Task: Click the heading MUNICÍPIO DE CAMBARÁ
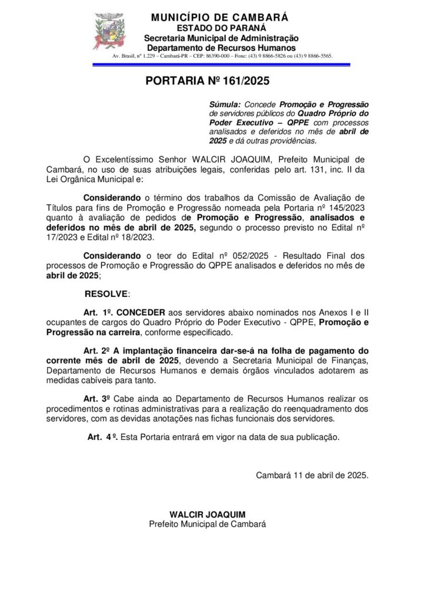pyautogui.click(x=219, y=18)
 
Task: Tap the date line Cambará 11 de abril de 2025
pyautogui.click(x=312, y=475)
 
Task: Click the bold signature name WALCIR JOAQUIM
pyautogui.click(x=207, y=514)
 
